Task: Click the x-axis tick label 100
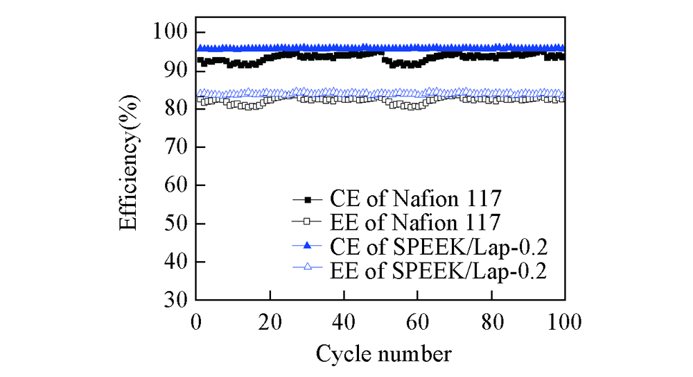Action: pyautogui.click(x=563, y=322)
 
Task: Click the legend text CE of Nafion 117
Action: pyautogui.click(x=416, y=199)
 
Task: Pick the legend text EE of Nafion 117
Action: pyautogui.click(x=416, y=222)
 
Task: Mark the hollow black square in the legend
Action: pyautogui.click(x=306, y=222)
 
